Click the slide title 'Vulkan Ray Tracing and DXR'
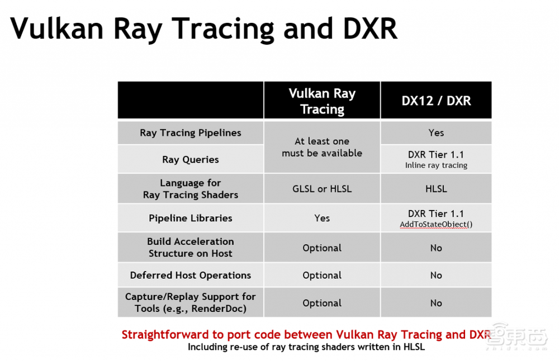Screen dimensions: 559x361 coord(203,28)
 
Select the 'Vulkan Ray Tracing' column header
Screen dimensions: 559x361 coord(322,101)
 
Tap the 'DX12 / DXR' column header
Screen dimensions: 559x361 coord(436,101)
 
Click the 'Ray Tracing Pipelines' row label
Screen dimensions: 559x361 coord(191,132)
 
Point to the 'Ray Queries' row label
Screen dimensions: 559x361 coord(191,159)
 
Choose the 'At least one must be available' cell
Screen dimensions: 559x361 coord(322,147)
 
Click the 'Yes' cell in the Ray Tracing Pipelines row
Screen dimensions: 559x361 coord(436,132)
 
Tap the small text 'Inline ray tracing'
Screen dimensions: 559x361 coord(436,165)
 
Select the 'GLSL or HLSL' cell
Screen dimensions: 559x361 coord(322,189)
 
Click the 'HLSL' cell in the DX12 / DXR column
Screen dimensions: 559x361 coord(436,189)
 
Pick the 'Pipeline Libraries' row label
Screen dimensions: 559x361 coord(191,218)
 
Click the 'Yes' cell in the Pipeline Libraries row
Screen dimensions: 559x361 coord(322,218)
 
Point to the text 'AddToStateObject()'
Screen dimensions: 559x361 coord(436,225)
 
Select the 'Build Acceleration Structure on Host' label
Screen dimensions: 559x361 coord(191,248)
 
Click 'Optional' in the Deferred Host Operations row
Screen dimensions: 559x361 coord(322,275)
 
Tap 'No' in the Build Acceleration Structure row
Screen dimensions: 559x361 coord(436,248)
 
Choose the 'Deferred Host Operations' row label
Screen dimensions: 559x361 coord(191,275)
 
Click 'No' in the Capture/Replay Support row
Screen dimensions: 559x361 coord(436,303)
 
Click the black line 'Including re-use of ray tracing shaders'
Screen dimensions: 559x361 coord(306,347)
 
